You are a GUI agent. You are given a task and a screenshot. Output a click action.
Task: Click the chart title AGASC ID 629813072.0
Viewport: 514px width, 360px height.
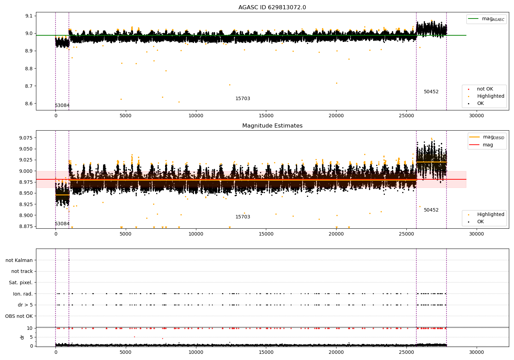272,8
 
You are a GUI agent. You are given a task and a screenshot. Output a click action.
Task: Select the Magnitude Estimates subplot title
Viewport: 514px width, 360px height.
272,126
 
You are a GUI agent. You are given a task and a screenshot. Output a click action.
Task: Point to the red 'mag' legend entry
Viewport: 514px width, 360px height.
488,145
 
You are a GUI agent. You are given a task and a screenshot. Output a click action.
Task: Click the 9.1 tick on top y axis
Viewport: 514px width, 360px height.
29,16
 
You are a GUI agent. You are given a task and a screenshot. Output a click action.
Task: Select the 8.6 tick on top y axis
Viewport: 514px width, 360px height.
29,104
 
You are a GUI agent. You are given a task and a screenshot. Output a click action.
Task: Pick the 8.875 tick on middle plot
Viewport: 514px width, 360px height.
26,226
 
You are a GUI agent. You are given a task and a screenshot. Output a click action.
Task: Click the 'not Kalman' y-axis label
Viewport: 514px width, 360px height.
19,260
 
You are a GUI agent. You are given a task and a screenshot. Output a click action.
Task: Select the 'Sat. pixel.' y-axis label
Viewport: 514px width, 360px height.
21,283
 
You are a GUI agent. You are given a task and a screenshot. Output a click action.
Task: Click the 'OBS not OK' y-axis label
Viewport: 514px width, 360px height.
19,316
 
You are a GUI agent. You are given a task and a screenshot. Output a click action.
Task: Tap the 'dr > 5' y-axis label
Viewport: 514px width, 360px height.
25,305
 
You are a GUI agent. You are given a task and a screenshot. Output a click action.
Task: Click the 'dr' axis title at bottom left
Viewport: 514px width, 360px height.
22,337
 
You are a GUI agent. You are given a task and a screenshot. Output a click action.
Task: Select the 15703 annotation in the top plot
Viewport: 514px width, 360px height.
243,99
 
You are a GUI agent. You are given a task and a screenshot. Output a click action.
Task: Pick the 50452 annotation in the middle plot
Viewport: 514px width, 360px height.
431,210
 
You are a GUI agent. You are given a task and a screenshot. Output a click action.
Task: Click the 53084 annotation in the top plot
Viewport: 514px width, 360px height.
62,106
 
